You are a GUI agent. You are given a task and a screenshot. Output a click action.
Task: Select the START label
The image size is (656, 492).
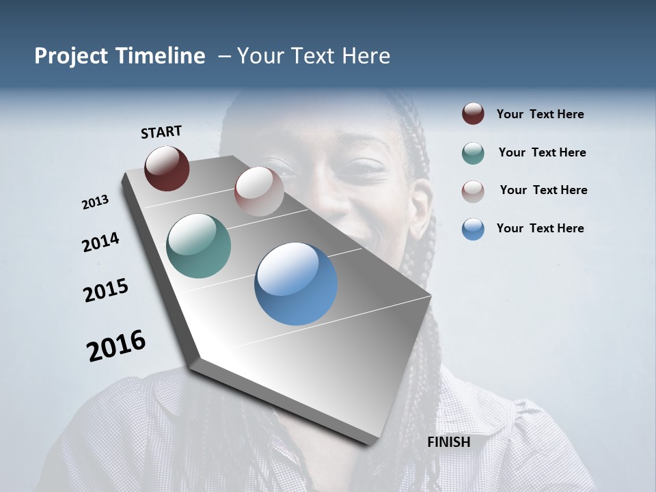coord(161,132)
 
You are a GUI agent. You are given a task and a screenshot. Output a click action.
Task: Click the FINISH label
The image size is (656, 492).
coord(448,442)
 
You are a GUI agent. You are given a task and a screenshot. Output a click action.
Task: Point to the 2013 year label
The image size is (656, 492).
coord(96,202)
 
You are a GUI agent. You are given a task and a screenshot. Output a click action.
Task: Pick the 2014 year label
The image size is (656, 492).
coord(100,242)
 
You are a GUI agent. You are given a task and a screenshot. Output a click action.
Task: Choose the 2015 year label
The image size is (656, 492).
coord(106,290)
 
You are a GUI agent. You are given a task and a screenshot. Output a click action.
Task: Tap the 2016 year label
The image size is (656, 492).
coord(116,346)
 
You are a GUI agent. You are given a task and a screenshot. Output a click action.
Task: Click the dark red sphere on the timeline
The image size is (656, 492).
coord(167,168)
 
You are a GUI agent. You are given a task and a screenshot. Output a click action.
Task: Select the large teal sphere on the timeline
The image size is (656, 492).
coord(199,246)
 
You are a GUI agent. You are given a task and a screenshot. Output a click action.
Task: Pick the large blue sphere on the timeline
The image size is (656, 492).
coord(296,284)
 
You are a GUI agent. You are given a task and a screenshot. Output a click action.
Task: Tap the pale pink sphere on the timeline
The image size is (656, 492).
coord(259,191)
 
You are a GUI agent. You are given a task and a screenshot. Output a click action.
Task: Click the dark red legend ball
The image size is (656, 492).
coord(473,114)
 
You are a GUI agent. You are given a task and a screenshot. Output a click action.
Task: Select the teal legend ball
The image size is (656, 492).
coord(473,153)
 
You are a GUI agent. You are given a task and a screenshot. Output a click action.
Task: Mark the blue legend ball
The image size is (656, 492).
coord(473,229)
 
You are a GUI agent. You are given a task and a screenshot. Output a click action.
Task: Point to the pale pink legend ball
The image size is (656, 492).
coord(473,191)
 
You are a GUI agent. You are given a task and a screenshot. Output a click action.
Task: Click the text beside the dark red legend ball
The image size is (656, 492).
coord(540,115)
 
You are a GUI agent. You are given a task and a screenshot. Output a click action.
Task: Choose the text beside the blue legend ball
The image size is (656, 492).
coord(540,228)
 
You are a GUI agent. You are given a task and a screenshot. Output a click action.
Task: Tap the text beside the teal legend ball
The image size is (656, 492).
coord(542,152)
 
